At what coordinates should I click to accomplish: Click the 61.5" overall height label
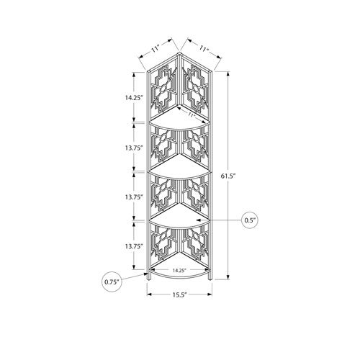click(x=228, y=176)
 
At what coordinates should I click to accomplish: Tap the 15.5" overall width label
click(x=179, y=294)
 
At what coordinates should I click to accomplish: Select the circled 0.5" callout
click(x=250, y=220)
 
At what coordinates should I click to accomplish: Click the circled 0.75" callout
click(x=112, y=282)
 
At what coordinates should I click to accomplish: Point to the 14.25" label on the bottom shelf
click(x=179, y=270)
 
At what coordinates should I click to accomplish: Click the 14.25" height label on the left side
click(x=134, y=98)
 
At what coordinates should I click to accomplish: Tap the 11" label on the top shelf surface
click(x=191, y=114)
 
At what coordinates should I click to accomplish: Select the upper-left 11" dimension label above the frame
click(x=156, y=49)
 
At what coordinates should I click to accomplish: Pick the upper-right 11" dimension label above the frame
click(x=203, y=49)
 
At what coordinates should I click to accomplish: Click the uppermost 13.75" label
click(x=134, y=148)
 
